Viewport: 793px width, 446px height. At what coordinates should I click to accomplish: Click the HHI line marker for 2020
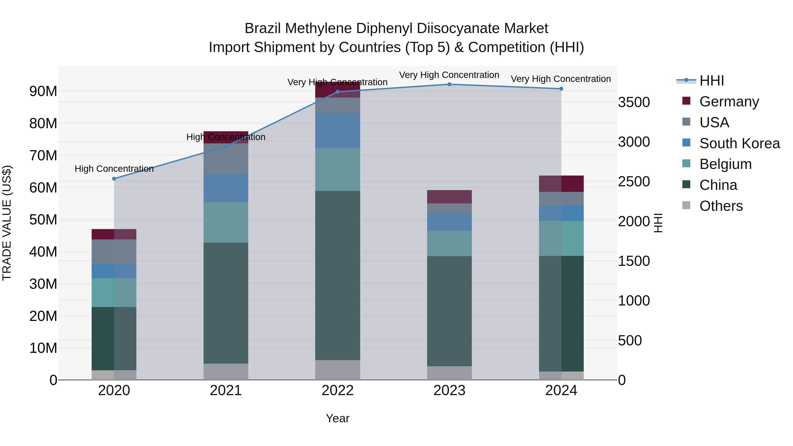[x=114, y=179]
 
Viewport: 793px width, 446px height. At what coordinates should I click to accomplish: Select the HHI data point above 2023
[x=449, y=84]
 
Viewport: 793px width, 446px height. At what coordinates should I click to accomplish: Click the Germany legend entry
[x=729, y=101]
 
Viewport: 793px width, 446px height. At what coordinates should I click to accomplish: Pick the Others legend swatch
[x=686, y=205]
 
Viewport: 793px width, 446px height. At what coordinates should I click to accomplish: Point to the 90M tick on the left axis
[x=43, y=91]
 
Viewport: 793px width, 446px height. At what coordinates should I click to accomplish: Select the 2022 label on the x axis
[x=337, y=390]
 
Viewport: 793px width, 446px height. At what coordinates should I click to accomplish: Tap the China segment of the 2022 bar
[x=337, y=276]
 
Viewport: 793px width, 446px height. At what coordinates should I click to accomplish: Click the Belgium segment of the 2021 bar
[x=226, y=222]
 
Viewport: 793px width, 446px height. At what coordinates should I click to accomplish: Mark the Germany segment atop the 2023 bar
[x=449, y=197]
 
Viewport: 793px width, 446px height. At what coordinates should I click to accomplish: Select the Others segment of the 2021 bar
[x=226, y=372]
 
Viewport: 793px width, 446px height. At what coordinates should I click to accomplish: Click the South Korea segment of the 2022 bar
[x=337, y=131]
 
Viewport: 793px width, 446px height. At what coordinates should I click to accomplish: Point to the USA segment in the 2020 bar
[x=114, y=252]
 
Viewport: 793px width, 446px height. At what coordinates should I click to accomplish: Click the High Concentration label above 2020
[x=114, y=169]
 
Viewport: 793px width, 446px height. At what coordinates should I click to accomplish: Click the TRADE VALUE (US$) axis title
[x=7, y=223]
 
